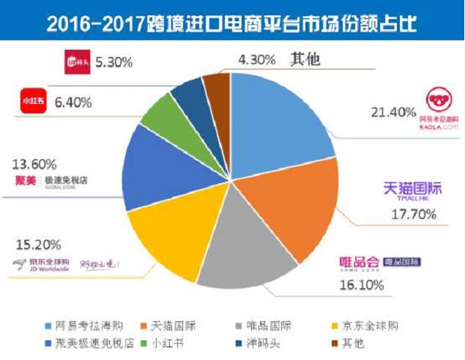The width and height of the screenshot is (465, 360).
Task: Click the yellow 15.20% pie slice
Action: (168, 234)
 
